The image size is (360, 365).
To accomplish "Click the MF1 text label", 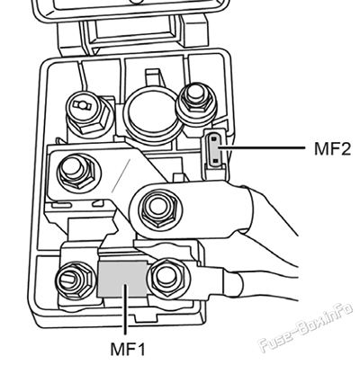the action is coord(128,350).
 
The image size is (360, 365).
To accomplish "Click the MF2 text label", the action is coord(332,148).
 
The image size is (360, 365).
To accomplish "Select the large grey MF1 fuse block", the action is coord(122,279).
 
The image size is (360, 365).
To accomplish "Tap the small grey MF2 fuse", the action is coord(216,150).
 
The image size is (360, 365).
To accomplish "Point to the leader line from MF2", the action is coord(262,147).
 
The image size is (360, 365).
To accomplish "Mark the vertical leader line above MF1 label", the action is coord(125,309).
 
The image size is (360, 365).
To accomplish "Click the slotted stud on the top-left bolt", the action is coord(82,104).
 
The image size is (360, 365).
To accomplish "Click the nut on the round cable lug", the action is coord(157,208).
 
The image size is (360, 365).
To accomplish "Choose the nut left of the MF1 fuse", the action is coord(74,280).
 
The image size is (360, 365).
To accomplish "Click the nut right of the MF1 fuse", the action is coord(166,277).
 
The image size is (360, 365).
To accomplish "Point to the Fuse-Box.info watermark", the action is coord(305,328).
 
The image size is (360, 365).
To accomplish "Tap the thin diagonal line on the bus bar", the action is coord(121,175).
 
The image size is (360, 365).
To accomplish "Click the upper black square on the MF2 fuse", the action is coord(214,139).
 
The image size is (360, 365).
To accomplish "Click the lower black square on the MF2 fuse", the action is coord(216,161).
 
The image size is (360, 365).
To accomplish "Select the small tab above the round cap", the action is coord(153,77).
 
